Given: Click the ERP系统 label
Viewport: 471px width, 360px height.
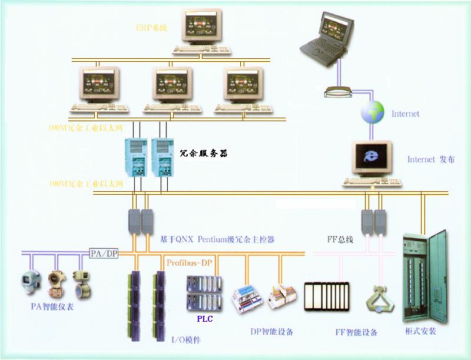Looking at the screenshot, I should (x=151, y=28).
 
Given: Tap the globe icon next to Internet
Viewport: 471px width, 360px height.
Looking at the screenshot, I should (x=372, y=112).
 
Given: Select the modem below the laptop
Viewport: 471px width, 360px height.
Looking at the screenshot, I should (x=338, y=92).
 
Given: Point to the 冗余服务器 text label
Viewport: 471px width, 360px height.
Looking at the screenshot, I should (x=203, y=154).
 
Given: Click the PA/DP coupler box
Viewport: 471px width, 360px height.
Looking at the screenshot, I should (x=104, y=254).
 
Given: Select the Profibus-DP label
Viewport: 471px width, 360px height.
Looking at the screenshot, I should (x=188, y=262).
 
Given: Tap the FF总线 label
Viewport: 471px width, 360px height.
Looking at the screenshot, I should (x=340, y=240).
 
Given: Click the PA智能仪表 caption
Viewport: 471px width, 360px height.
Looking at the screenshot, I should (x=52, y=306).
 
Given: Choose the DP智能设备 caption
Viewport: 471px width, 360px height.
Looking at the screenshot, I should (x=271, y=332).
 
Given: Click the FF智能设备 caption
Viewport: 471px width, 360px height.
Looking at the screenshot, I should (x=357, y=332).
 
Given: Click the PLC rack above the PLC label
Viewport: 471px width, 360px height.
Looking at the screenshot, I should (x=203, y=294).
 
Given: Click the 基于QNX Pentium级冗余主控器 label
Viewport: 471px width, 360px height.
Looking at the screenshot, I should (x=217, y=240).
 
